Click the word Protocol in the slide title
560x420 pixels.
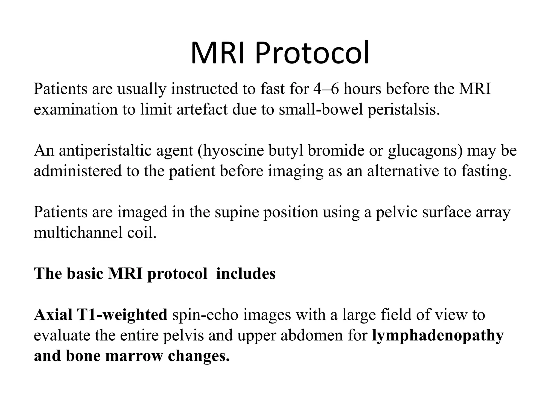312,53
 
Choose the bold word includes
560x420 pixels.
246,274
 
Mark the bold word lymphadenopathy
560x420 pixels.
437,336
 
